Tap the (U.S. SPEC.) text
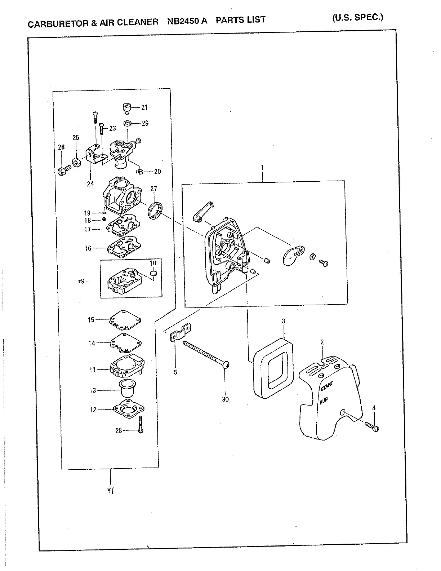pyautogui.click(x=357, y=17)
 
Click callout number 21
pyautogui.click(x=144, y=107)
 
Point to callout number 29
pyautogui.click(x=145, y=123)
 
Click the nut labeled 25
pyautogui.click(x=76, y=163)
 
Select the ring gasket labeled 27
pyautogui.click(x=156, y=210)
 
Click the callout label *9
pyautogui.click(x=81, y=281)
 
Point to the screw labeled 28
pyautogui.click(x=141, y=424)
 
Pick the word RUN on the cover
pyautogui.click(x=324, y=400)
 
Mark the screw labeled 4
pyautogui.click(x=373, y=426)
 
